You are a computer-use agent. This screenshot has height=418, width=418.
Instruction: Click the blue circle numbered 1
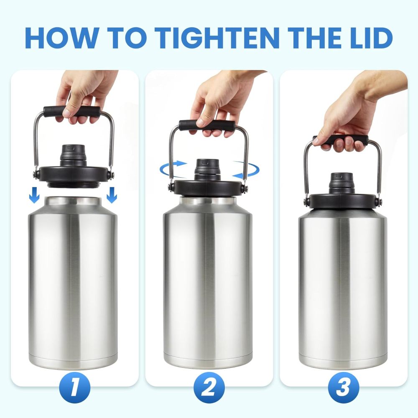[74, 387]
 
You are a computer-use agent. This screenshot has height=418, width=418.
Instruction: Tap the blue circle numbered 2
[209, 387]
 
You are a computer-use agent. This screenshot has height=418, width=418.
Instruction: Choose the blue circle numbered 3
[344, 387]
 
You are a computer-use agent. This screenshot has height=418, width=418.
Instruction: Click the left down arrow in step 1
[35, 194]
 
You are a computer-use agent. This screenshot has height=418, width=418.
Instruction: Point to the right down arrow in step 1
[112, 194]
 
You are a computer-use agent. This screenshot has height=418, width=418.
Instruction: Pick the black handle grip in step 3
[341, 140]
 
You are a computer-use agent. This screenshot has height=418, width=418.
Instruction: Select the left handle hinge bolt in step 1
[37, 173]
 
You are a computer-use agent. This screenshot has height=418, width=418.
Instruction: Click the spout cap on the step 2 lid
[207, 167]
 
